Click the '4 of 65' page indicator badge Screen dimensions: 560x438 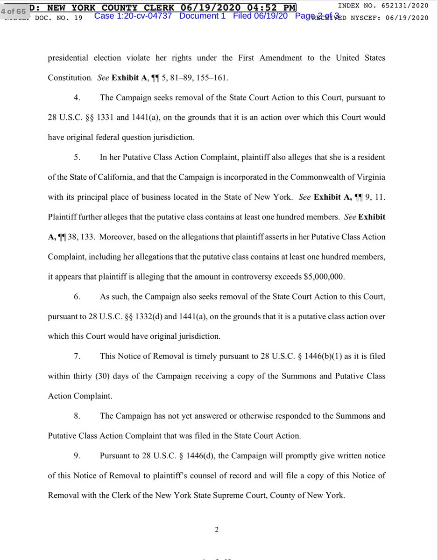[x=13, y=11]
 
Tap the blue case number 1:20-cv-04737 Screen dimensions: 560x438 [x=133, y=16]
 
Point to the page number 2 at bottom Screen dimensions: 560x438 [x=217, y=529]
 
